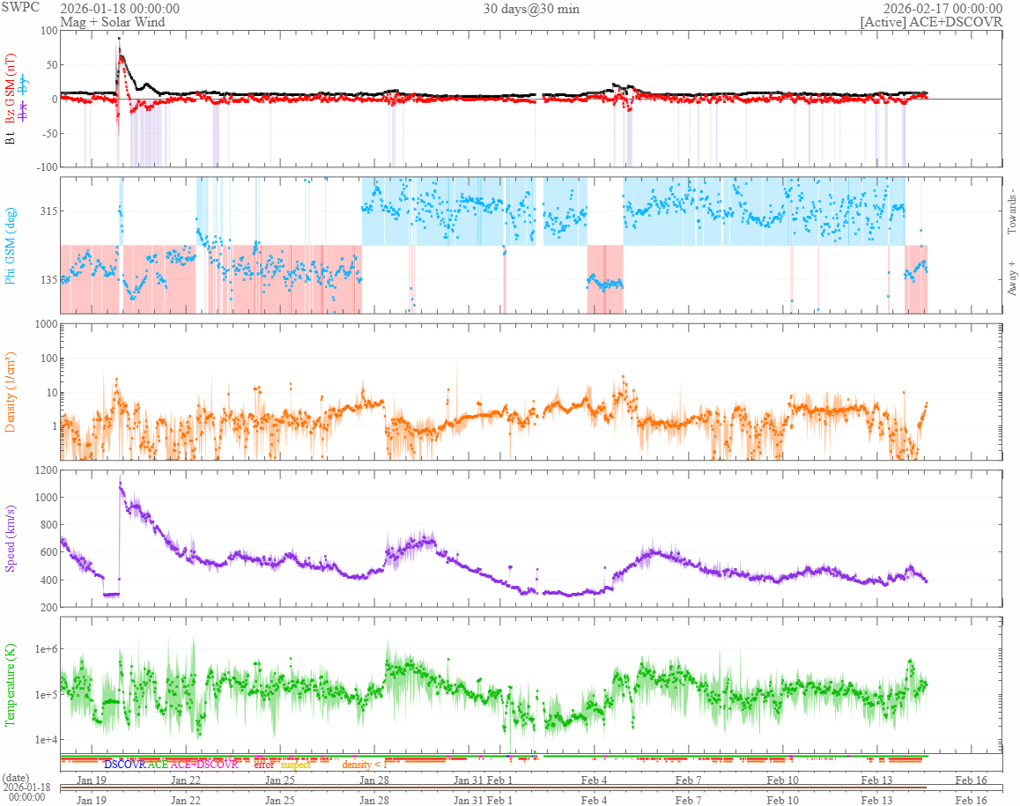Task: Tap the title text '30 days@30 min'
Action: [x=531, y=9]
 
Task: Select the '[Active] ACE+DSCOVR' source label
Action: [x=931, y=22]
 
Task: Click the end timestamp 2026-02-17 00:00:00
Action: [x=943, y=9]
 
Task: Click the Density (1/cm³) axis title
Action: [x=11, y=392]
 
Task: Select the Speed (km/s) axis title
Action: [x=11, y=537]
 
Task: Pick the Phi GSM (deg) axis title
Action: [x=11, y=245]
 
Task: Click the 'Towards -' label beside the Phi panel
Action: [x=1011, y=211]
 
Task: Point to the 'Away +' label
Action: [x=1011, y=278]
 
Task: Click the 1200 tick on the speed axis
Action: [x=43, y=470]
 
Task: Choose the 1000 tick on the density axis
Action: [x=43, y=324]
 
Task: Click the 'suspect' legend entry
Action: [x=296, y=765]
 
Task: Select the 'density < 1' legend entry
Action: [x=365, y=765]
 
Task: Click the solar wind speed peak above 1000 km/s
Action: [x=121, y=481]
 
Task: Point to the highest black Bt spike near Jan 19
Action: [x=119, y=39]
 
